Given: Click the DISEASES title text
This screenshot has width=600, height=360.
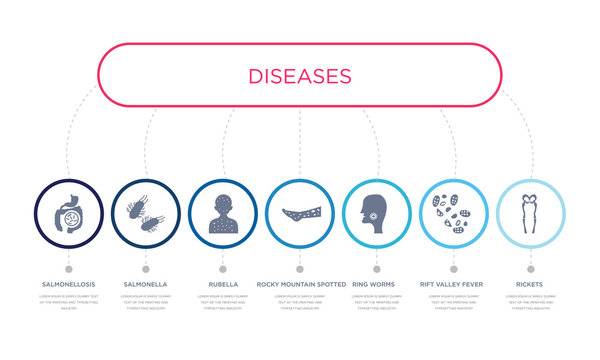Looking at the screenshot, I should (x=300, y=75).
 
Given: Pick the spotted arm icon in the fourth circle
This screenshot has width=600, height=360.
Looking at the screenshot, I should (x=300, y=213).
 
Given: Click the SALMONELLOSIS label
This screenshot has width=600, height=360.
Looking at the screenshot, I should (x=69, y=284).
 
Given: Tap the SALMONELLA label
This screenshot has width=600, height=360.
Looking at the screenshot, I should (x=146, y=284).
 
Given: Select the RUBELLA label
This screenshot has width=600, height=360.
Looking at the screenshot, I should (x=223, y=284).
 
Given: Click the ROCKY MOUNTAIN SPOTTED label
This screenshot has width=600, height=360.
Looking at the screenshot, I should (x=300, y=284).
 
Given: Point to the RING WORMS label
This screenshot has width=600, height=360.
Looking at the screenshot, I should (x=376, y=284).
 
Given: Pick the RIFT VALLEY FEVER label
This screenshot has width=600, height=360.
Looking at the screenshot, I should (x=453, y=284).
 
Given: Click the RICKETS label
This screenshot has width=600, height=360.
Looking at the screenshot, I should (x=530, y=284).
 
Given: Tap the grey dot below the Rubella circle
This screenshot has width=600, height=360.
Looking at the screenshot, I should (x=223, y=268).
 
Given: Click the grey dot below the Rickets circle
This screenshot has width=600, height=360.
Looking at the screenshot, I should (x=530, y=268).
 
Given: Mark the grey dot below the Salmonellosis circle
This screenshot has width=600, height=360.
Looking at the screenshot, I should (x=69, y=268).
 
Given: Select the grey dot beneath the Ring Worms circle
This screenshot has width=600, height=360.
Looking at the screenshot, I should (x=377, y=268).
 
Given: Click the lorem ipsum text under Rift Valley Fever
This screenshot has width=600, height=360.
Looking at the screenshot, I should (x=453, y=302).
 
